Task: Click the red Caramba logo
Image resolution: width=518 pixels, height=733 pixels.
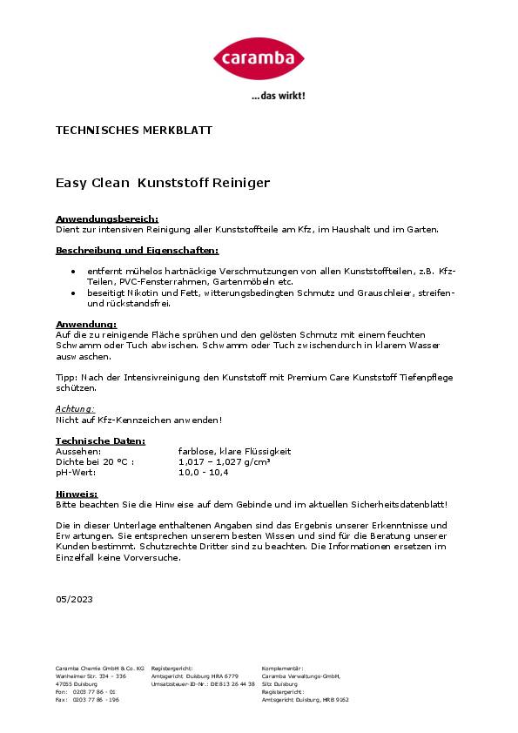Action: tap(259, 58)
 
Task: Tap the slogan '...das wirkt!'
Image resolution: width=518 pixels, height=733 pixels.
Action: tap(278, 97)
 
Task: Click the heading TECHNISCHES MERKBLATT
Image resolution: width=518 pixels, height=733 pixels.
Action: tap(134, 131)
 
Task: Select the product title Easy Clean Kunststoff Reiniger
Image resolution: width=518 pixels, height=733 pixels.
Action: tap(163, 184)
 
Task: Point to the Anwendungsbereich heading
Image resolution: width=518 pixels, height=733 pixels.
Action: tap(107, 219)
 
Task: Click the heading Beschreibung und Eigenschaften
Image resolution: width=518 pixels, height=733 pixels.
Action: tap(137, 250)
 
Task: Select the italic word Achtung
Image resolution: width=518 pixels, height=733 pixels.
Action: tap(75, 407)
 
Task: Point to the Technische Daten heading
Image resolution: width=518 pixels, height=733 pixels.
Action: tap(100, 441)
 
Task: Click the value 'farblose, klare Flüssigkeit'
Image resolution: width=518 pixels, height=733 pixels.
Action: tap(234, 452)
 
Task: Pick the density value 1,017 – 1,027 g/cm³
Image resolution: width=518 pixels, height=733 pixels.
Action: tap(224, 462)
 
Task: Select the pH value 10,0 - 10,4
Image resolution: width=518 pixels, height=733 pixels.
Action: tap(203, 473)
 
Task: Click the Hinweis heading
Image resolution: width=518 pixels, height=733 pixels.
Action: tap(77, 494)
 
